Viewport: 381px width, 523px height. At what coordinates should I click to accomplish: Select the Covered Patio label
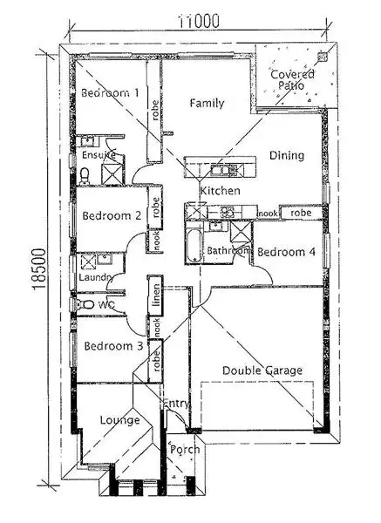pyautogui.click(x=292, y=80)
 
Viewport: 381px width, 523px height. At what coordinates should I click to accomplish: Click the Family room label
pyautogui.click(x=207, y=103)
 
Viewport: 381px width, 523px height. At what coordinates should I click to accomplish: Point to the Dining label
pyautogui.click(x=287, y=156)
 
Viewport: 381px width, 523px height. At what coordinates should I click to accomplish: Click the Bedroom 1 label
pyautogui.click(x=109, y=93)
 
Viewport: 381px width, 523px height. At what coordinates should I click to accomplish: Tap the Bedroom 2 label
pyautogui.click(x=112, y=216)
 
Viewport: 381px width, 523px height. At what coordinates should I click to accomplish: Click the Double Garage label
pyautogui.click(x=262, y=370)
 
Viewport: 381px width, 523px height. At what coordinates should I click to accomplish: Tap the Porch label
pyautogui.click(x=185, y=450)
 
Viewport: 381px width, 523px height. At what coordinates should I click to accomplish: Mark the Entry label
pyautogui.click(x=178, y=403)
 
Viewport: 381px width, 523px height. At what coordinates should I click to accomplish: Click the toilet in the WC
pyautogui.click(x=85, y=304)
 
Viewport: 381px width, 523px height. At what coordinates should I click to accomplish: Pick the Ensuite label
pyautogui.click(x=99, y=155)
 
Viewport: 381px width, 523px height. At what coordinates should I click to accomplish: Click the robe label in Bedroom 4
pyautogui.click(x=301, y=213)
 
